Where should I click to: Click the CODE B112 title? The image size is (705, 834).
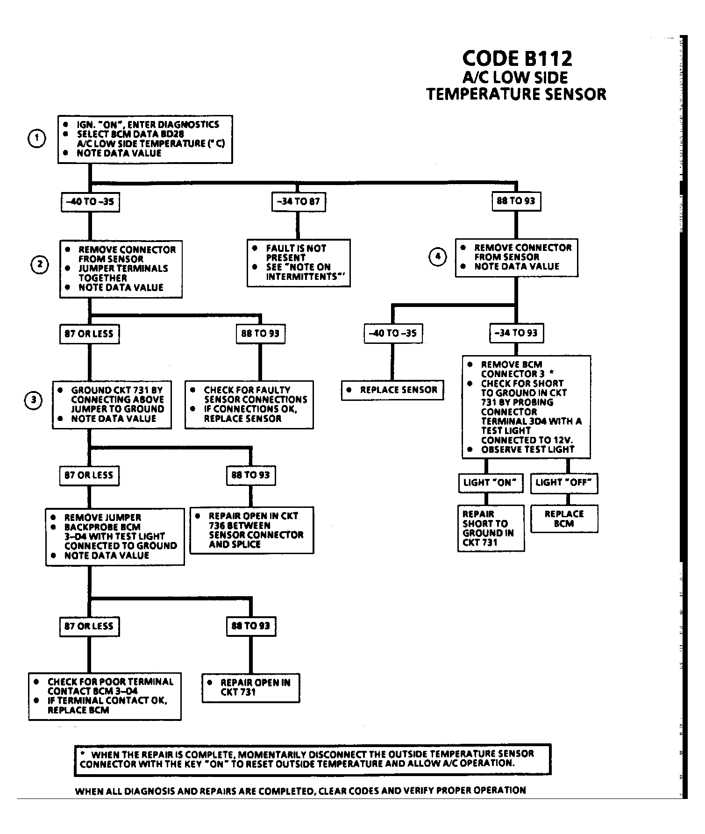(517, 58)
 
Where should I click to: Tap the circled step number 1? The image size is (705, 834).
(37, 139)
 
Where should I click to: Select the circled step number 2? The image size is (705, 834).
(40, 265)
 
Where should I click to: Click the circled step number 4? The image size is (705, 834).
(438, 257)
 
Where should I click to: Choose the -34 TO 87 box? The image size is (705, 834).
(299, 202)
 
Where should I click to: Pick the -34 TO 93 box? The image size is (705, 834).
(516, 333)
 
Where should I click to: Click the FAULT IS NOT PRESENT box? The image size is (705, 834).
(299, 263)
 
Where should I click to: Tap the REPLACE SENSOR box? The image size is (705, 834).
(392, 390)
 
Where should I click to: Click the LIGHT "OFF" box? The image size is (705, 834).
(564, 483)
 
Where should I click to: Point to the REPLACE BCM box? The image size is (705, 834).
(564, 519)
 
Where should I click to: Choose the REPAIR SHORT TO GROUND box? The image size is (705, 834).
(491, 528)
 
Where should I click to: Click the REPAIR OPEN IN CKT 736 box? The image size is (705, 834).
(252, 530)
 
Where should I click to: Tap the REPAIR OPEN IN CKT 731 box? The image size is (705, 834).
(251, 687)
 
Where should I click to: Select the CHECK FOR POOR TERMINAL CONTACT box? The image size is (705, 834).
(105, 696)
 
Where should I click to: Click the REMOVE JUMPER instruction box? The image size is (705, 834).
(115, 537)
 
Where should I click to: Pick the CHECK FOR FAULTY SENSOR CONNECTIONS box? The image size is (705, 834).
(249, 405)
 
